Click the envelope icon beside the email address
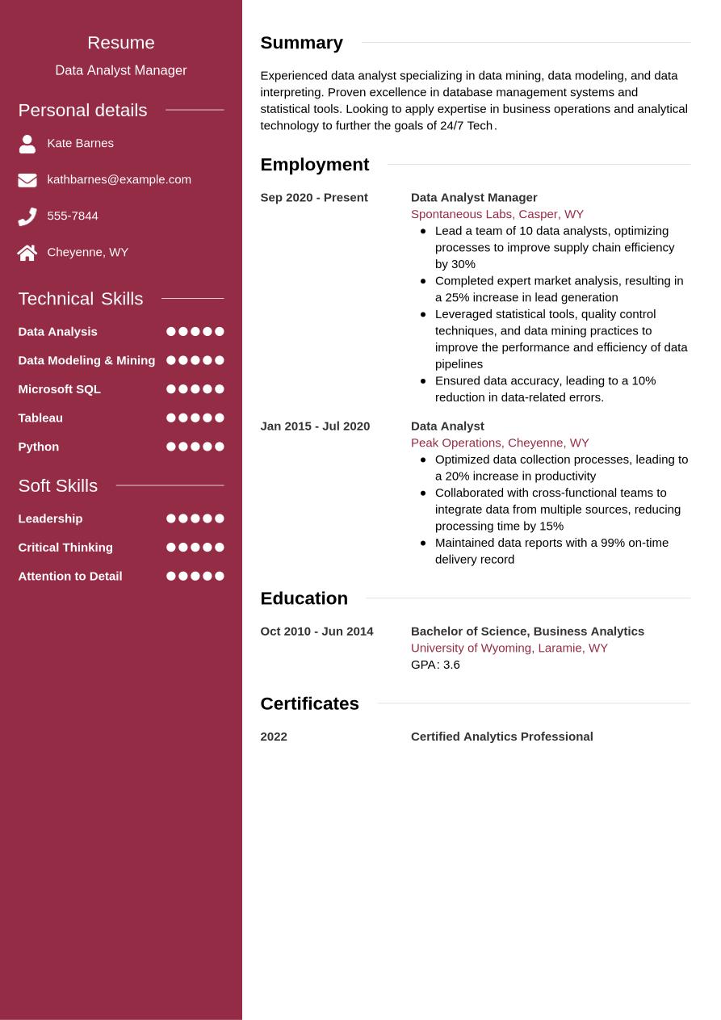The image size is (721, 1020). [x=27, y=180]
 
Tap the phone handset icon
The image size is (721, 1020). [x=27, y=216]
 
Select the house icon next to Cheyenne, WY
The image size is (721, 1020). [x=27, y=253]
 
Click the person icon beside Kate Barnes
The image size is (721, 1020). [x=27, y=144]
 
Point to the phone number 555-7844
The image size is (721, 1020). [x=73, y=216]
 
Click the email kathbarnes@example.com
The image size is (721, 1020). [x=119, y=179]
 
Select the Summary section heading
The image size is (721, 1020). [x=301, y=43]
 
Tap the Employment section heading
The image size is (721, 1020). [x=314, y=165]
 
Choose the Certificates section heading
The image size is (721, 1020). [x=309, y=703]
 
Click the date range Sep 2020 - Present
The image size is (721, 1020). [x=313, y=197]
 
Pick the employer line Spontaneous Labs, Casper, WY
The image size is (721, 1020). [x=497, y=214]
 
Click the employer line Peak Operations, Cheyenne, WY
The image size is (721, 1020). [x=500, y=443]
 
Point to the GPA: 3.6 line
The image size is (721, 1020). [x=435, y=665]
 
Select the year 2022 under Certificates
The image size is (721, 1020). [x=274, y=737]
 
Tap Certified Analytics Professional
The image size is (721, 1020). [x=501, y=737]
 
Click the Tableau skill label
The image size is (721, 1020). [x=40, y=418]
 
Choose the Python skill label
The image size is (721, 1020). [x=39, y=447]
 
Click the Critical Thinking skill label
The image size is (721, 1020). [x=65, y=548]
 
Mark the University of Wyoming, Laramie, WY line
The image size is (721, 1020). [x=509, y=648]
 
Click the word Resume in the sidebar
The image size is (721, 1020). [x=121, y=43]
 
